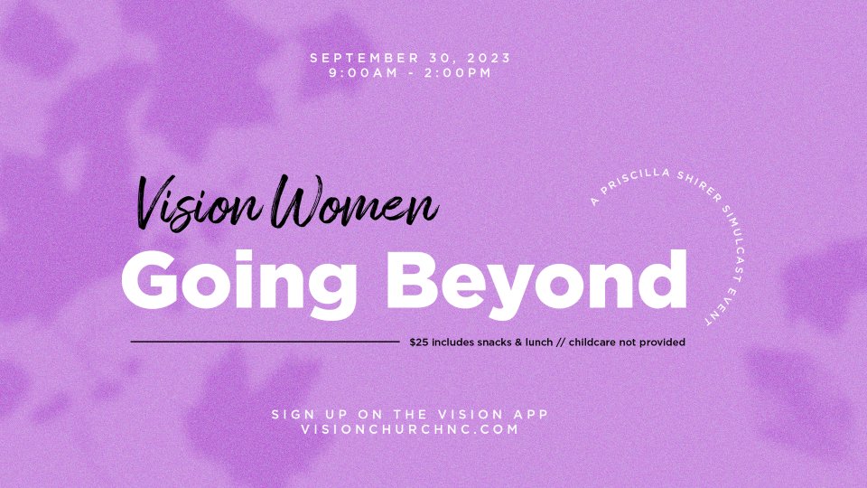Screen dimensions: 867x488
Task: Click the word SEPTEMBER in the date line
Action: [x=364, y=58]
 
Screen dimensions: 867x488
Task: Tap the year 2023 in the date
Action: [x=489, y=58]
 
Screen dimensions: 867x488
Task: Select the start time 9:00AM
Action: [x=363, y=72]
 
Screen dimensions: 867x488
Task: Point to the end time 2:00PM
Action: [x=458, y=72]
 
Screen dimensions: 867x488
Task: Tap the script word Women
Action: [x=354, y=202]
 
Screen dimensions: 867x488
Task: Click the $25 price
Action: [x=418, y=343]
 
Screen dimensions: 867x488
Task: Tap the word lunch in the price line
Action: [x=538, y=343]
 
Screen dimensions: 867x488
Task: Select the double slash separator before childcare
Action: [x=560, y=343]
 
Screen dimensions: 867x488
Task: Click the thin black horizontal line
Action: [x=265, y=342]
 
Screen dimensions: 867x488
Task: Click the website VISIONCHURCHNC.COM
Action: [x=410, y=429]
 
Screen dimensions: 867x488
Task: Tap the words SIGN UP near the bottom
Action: [x=310, y=415]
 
